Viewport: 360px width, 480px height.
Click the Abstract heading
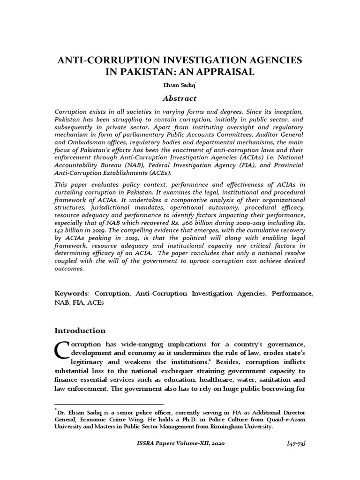(180, 98)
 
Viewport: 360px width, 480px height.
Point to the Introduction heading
(80, 330)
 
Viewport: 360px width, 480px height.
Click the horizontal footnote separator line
(109, 404)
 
